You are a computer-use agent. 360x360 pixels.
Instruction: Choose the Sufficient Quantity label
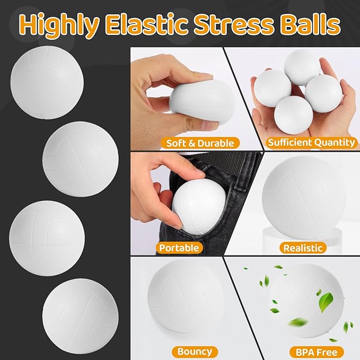point(311,142)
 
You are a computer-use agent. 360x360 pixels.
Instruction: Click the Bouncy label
point(195,351)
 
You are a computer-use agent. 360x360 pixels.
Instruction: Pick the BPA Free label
point(317,352)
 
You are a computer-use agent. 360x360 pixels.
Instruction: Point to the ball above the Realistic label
point(304,196)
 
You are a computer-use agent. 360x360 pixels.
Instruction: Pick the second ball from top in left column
point(80,158)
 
